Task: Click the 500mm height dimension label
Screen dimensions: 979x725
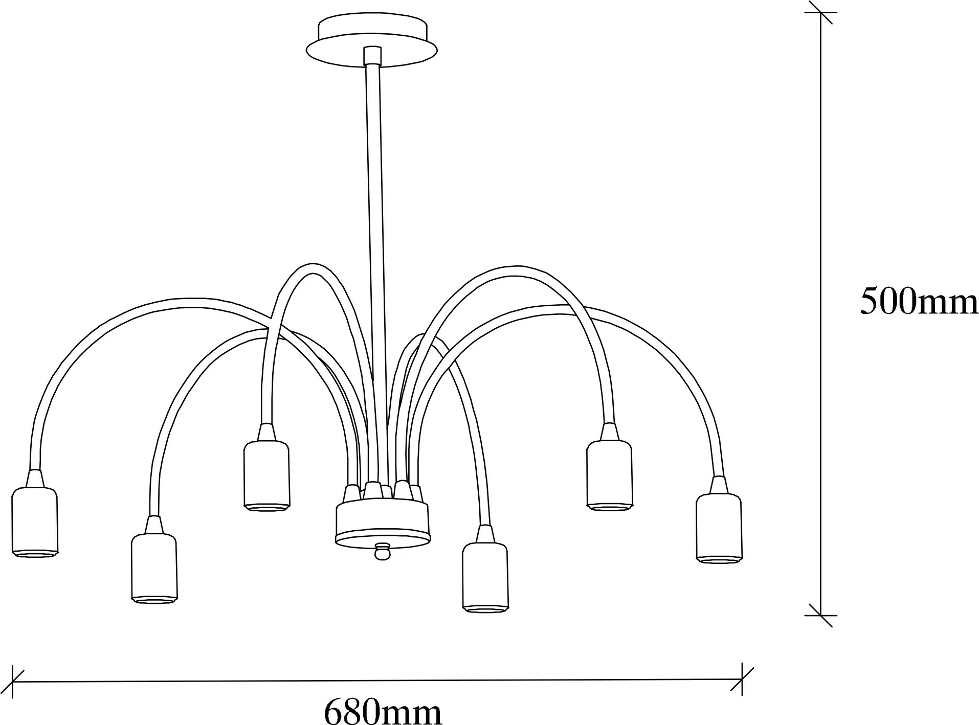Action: click(x=919, y=301)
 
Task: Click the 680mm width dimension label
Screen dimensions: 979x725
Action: click(x=383, y=710)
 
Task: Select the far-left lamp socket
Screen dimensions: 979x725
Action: click(x=35, y=522)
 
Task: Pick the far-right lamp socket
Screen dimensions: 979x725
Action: click(x=719, y=528)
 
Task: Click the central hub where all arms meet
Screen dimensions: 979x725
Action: click(x=383, y=522)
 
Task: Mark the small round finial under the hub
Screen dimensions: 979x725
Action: click(x=382, y=552)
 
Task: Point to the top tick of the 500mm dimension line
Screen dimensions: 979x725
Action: click(x=820, y=12)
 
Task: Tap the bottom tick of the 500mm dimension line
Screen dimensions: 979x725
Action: click(x=820, y=615)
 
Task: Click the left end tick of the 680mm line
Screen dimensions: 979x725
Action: click(x=12, y=682)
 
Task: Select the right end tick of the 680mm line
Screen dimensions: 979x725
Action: click(x=742, y=679)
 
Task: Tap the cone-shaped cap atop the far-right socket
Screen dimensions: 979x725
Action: click(x=719, y=485)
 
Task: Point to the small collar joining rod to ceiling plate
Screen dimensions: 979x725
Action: click(x=372, y=55)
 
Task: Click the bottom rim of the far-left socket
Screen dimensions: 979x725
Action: click(x=35, y=553)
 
